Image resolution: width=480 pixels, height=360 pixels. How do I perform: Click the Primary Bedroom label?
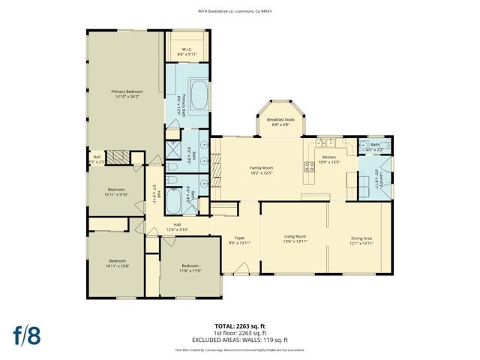(x=128, y=91)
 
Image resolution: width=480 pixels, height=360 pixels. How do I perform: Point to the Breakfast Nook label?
(x=280, y=118)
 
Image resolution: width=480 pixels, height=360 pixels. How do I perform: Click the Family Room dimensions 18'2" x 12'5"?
(x=261, y=173)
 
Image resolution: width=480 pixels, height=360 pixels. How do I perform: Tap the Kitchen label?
(x=329, y=157)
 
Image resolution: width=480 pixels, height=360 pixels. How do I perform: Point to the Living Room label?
(x=295, y=236)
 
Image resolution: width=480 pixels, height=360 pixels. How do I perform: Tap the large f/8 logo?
(x=25, y=334)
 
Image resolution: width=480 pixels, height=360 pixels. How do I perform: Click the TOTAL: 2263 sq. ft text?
(x=239, y=325)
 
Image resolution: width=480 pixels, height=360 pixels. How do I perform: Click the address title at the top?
(x=240, y=11)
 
